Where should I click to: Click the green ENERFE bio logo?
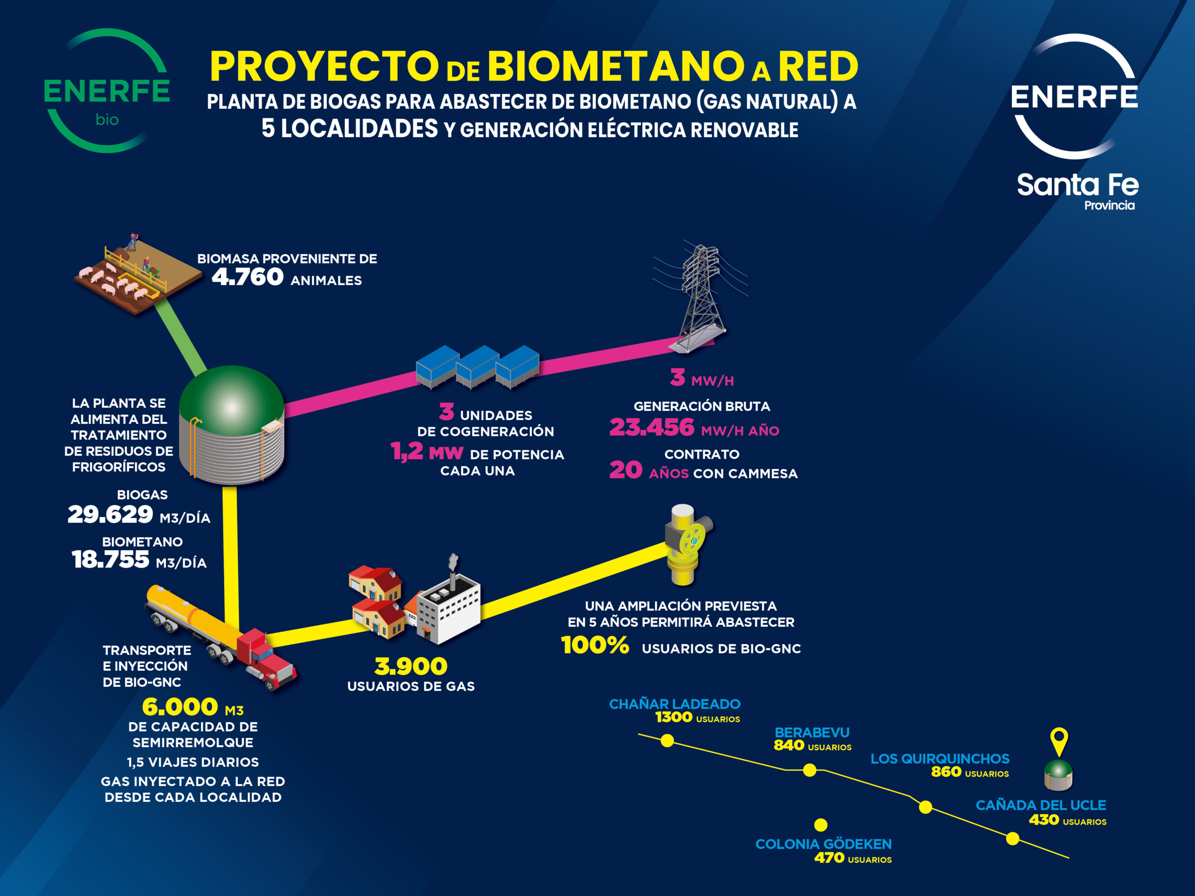107,91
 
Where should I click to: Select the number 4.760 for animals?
247,277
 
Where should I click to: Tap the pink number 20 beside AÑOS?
626,470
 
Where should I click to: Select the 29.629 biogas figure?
110,514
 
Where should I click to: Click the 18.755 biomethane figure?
110,560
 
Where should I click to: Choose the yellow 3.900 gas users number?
411,666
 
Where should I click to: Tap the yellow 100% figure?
595,645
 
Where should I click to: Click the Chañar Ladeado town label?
675,704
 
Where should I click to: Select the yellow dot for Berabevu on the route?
809,770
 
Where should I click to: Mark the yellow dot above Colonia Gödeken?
821,825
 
